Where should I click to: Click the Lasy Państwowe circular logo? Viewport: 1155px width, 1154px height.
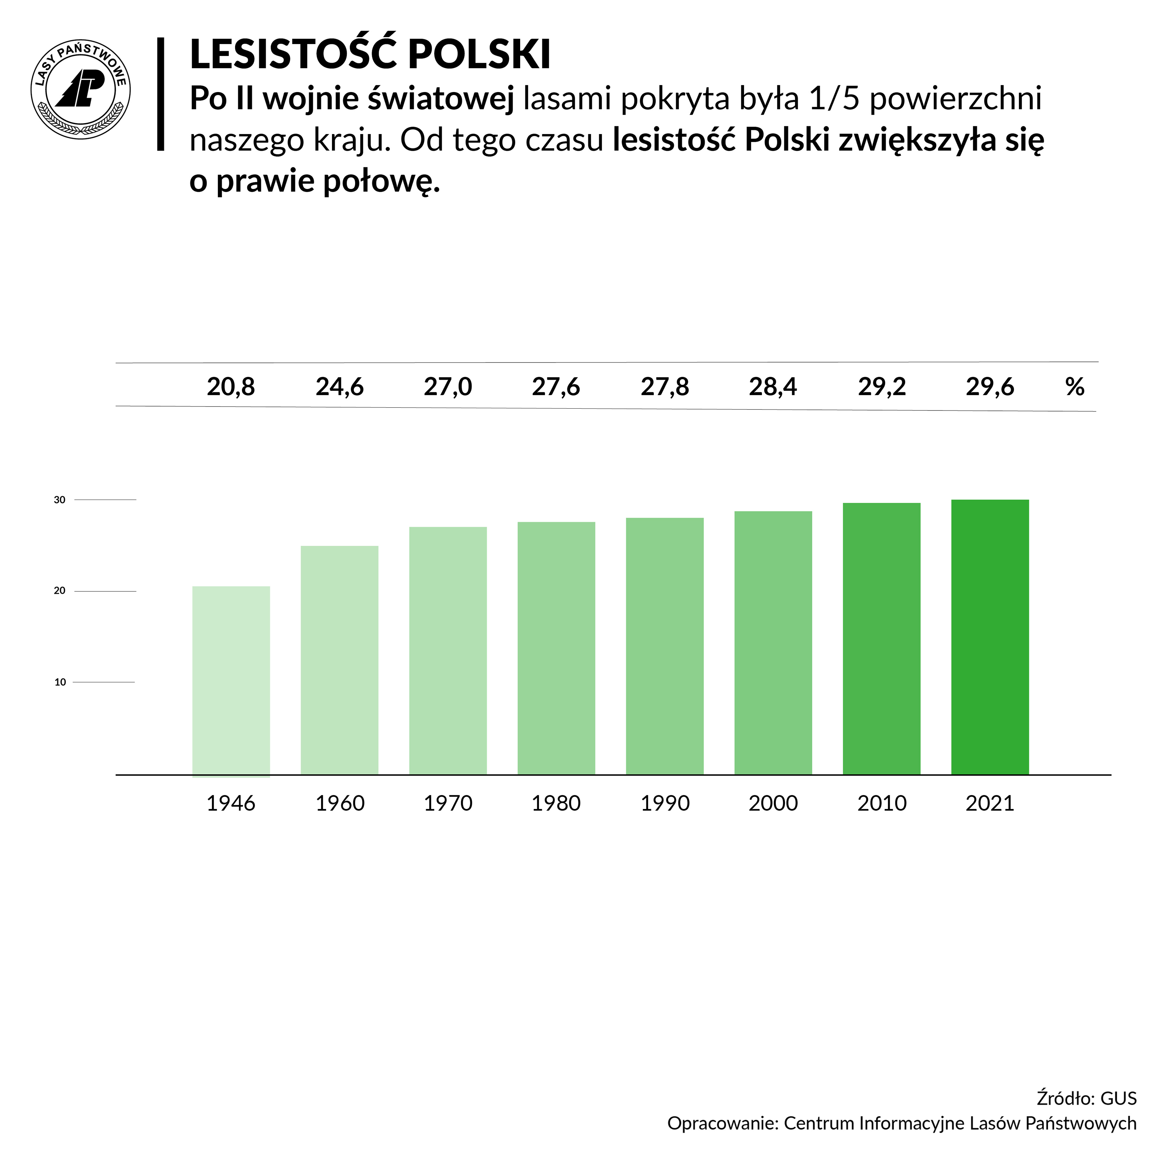(81, 90)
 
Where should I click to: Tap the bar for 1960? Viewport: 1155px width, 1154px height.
(340, 660)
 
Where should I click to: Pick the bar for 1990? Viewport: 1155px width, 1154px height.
(665, 646)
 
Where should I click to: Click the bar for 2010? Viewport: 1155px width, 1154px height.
(882, 639)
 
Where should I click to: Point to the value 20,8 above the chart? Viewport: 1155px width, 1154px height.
(231, 387)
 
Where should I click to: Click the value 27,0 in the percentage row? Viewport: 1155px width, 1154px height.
(448, 387)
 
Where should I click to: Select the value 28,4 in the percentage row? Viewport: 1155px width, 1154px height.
(773, 387)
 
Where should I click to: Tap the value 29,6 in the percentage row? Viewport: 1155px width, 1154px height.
(990, 387)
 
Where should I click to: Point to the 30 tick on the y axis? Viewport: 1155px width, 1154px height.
(60, 500)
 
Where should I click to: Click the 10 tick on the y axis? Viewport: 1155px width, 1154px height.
(60, 682)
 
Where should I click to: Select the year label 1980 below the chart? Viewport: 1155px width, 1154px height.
(556, 803)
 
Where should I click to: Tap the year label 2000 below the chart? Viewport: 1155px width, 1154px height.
(773, 803)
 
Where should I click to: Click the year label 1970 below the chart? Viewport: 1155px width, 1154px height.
(448, 803)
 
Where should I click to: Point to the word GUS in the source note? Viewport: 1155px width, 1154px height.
(1119, 1098)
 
